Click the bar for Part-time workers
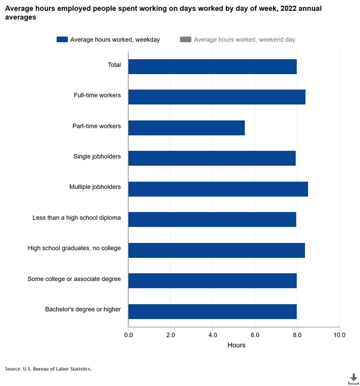[x=186, y=128]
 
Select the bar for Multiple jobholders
[x=218, y=189]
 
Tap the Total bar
[x=212, y=66]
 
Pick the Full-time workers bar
[x=217, y=97]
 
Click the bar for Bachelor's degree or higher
[x=212, y=311]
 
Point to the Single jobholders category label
[x=97, y=156]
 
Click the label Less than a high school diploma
[x=77, y=218]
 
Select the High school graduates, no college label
[x=75, y=248]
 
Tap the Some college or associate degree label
[x=74, y=279]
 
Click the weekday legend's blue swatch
[x=62, y=40]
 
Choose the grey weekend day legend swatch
[x=186, y=40]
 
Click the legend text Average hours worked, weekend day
[x=244, y=40]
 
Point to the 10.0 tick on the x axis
[x=339, y=335]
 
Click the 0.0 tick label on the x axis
[x=129, y=335]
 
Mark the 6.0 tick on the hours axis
[x=255, y=335]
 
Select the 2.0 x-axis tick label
[x=171, y=335]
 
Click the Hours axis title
[x=237, y=345]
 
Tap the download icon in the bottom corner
[x=353, y=379]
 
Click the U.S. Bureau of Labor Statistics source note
[x=48, y=369]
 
